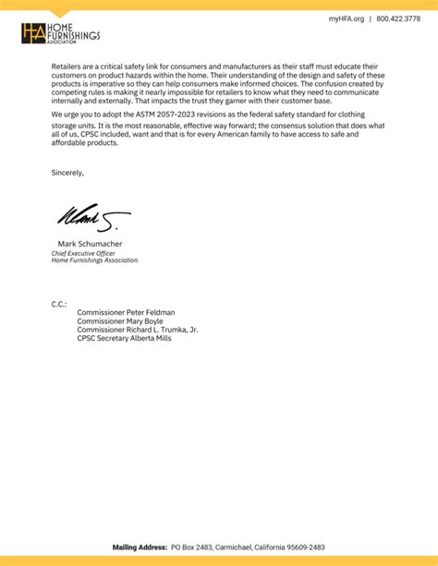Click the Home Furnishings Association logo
pyautogui.click(x=60, y=35)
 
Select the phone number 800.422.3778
pyautogui.click(x=398, y=18)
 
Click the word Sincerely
pyautogui.click(x=67, y=173)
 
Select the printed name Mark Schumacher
pyautogui.click(x=91, y=245)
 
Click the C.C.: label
pyautogui.click(x=59, y=304)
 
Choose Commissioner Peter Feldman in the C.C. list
pyautogui.click(x=126, y=313)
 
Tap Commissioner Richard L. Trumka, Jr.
pyautogui.click(x=137, y=330)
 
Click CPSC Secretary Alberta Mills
pyautogui.click(x=124, y=338)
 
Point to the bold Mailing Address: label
pyautogui.click(x=140, y=548)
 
